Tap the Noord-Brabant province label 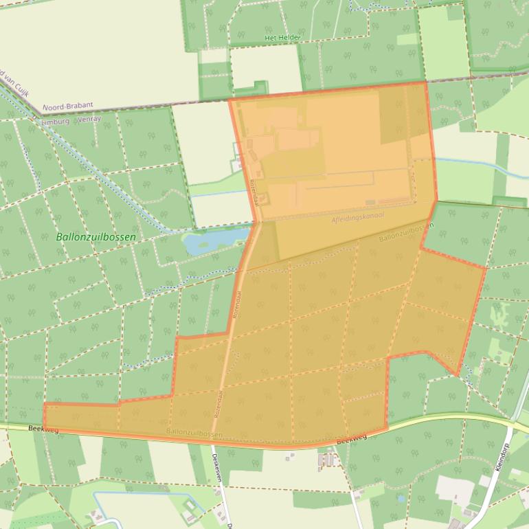pos(67,107)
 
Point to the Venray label pos(89,119)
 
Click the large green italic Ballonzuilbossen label pos(95,237)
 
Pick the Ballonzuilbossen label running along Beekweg pos(194,433)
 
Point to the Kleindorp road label pos(503,467)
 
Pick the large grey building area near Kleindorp pos(453,489)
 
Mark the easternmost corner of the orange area pos(485,269)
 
